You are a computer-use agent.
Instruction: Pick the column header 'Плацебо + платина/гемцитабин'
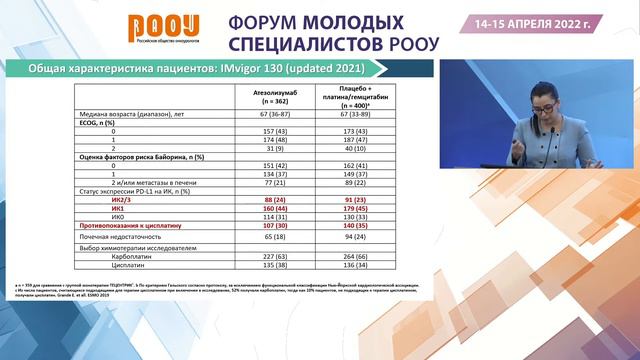(x=353, y=96)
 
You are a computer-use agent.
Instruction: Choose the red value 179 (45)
(x=353, y=209)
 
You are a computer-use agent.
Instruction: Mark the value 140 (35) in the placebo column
(x=353, y=227)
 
